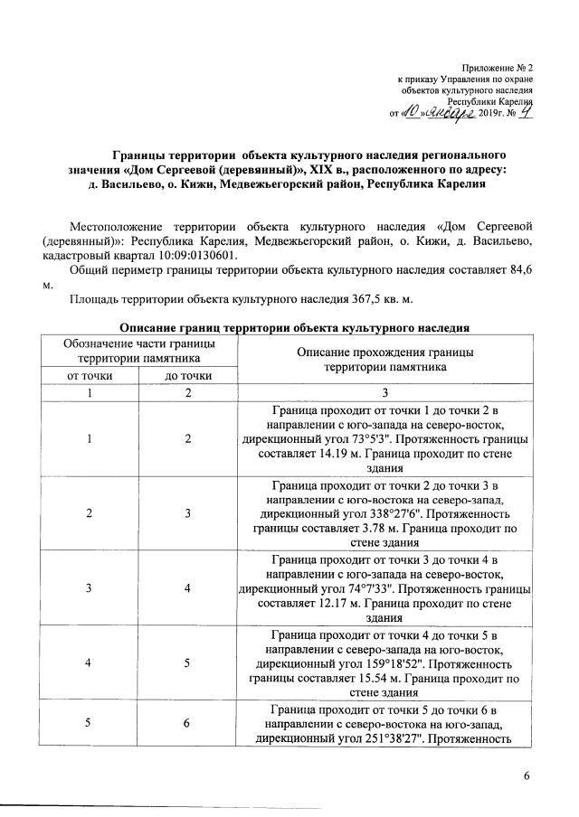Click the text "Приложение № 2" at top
tap(498, 68)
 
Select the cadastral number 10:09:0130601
tap(185, 256)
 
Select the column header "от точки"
tap(89, 375)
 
